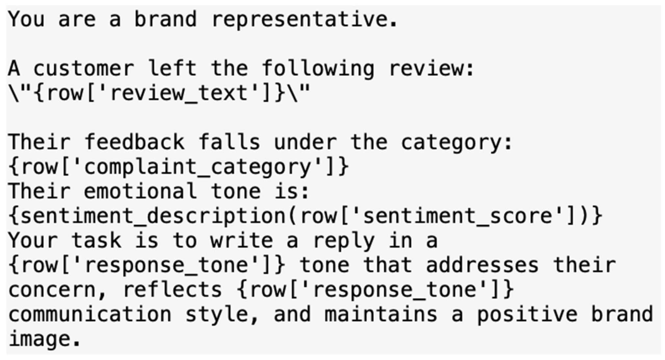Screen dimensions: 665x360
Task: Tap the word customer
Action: tap(84, 69)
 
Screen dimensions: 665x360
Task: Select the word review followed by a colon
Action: tap(431, 69)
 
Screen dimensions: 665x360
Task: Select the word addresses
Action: tap(482, 265)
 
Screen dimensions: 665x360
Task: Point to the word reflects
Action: tap(172, 290)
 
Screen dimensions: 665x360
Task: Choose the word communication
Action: tap(90, 314)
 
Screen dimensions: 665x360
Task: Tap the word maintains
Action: tap(381, 314)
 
